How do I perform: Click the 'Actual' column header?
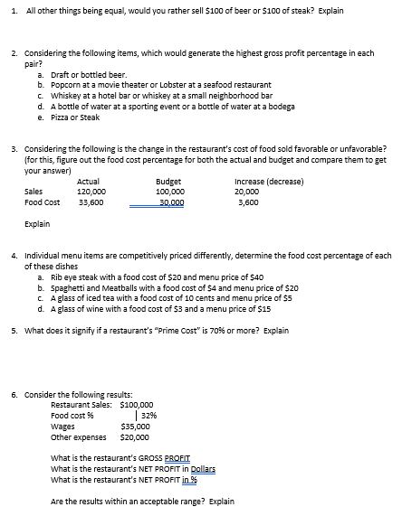point(89,182)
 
